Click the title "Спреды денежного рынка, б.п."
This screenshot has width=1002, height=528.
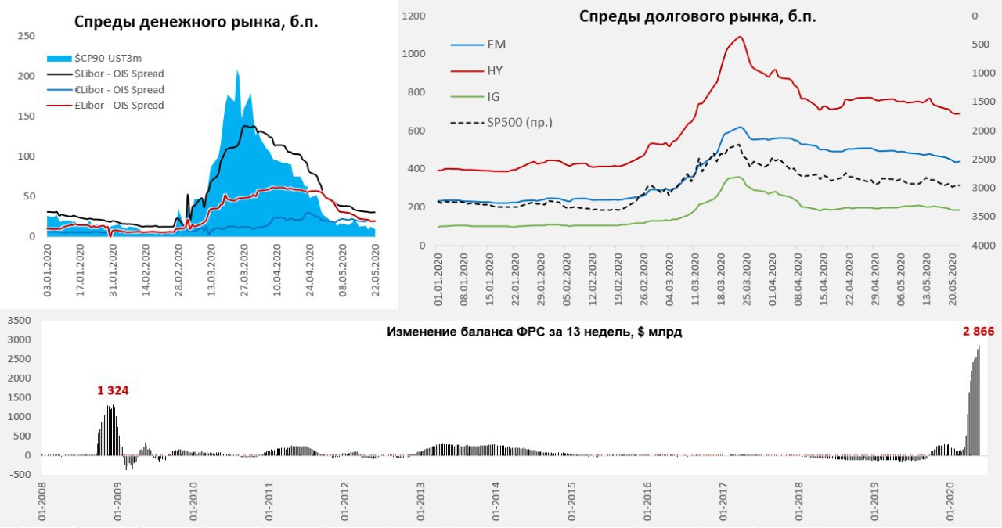click(x=196, y=22)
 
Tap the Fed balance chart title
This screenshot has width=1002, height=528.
click(x=534, y=332)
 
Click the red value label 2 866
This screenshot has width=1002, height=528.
click(x=978, y=332)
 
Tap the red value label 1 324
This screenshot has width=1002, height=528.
click(x=113, y=390)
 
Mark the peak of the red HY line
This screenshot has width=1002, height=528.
click(x=739, y=37)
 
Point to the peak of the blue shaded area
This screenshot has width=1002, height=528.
click(x=237, y=71)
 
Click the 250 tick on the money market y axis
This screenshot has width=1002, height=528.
click(x=26, y=36)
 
